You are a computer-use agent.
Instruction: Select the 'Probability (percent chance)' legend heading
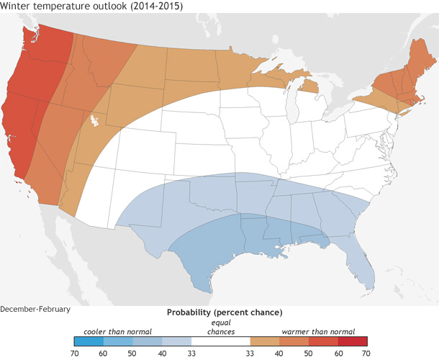pos(224,312)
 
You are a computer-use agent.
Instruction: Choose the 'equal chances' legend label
pos(221,327)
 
